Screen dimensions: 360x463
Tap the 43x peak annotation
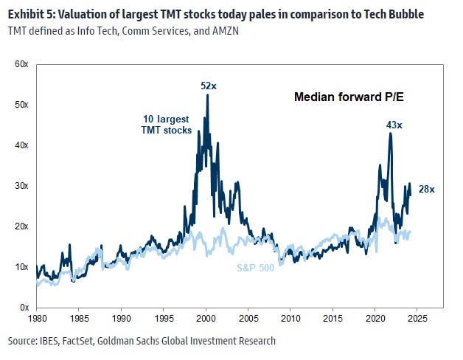(394, 125)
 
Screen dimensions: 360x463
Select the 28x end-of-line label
(427, 190)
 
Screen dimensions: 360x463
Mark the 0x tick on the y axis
(24, 307)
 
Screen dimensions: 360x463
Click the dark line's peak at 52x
(207, 95)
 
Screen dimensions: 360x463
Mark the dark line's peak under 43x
(390, 134)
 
